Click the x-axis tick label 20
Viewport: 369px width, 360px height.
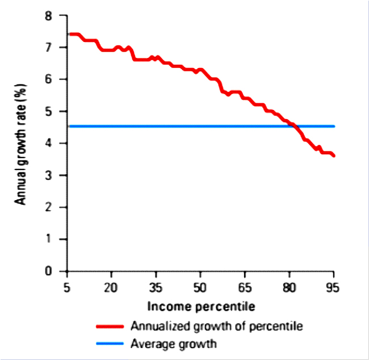point(111,286)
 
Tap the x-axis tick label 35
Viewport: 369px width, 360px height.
point(156,286)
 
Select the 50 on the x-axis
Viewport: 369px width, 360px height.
point(200,286)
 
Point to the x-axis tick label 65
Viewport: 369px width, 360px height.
point(245,286)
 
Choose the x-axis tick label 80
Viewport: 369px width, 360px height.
point(289,286)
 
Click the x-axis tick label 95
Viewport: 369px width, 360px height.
point(333,286)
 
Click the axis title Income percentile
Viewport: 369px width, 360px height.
point(200,307)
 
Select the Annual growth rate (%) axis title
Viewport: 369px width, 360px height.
point(21,144)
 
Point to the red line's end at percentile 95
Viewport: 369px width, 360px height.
point(334,155)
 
